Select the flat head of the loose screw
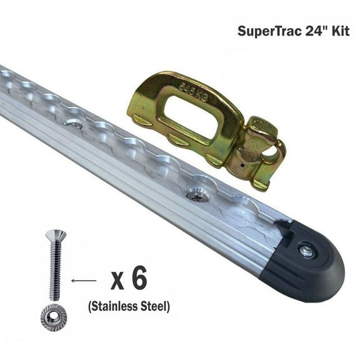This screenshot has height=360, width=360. (x=55, y=235)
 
